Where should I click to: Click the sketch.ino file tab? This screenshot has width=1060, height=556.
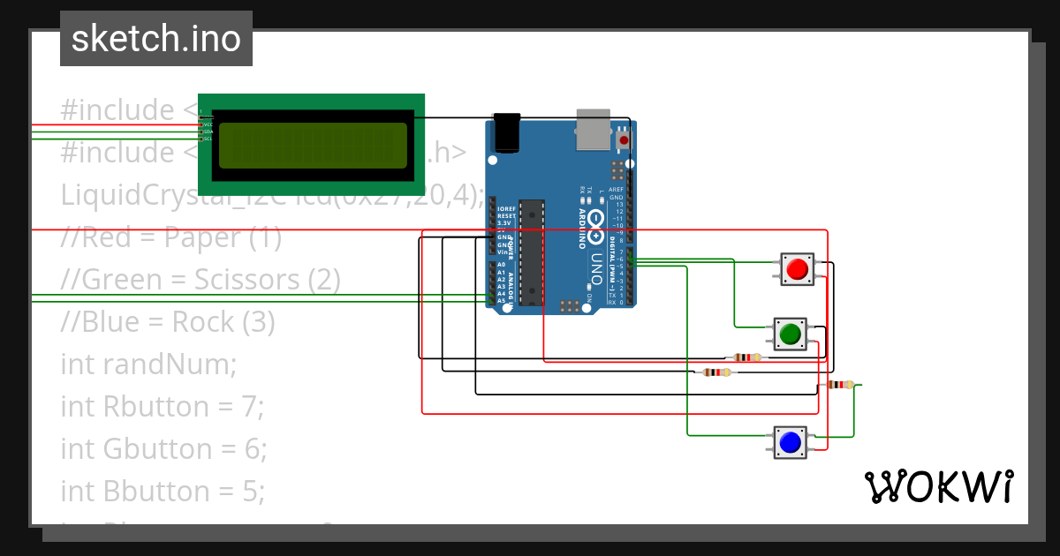(x=156, y=39)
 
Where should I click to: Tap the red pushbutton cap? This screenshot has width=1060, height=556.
(x=798, y=268)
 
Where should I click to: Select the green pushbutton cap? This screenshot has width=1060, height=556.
(x=790, y=334)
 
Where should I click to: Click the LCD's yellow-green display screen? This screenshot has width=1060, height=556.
(x=313, y=145)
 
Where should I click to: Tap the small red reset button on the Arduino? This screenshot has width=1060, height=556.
(x=625, y=140)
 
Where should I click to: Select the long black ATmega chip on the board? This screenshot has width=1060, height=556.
(x=531, y=252)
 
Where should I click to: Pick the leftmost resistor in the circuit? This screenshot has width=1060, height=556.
(x=715, y=372)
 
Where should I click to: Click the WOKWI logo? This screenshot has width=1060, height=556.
(x=938, y=486)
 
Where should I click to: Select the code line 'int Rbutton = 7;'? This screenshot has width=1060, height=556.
(x=163, y=406)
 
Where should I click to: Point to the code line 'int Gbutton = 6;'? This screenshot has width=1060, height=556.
(x=163, y=448)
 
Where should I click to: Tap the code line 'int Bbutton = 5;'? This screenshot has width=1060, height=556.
(x=163, y=491)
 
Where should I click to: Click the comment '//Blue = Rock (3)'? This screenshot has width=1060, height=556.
(x=168, y=322)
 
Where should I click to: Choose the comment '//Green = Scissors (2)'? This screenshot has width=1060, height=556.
(x=201, y=280)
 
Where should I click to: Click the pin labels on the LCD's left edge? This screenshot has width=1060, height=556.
(x=206, y=126)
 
